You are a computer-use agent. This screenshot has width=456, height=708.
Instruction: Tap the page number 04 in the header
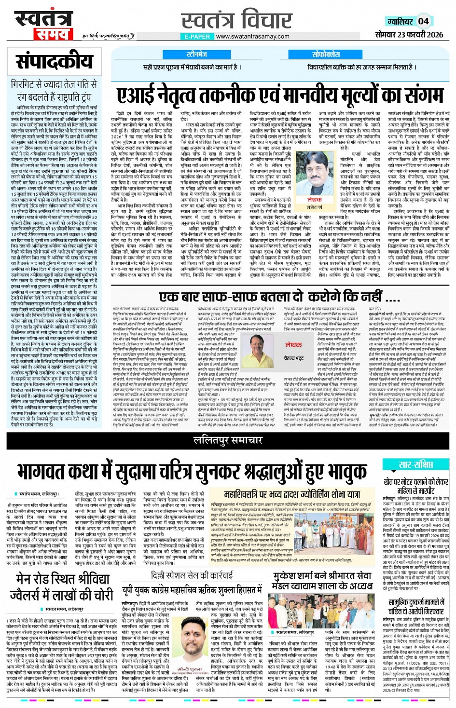click(423, 21)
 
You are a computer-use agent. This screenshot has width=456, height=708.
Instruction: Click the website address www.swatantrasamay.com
click(253, 36)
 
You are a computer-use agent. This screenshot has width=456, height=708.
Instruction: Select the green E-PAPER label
click(197, 36)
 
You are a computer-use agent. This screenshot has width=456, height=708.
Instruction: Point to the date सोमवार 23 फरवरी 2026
click(409, 35)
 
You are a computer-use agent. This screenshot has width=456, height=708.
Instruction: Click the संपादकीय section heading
click(54, 61)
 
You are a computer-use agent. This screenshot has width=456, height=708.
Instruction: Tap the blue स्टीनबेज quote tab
click(197, 54)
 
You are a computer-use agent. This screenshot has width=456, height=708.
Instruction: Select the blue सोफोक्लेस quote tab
click(326, 54)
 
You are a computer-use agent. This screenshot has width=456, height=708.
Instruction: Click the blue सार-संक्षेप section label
click(415, 464)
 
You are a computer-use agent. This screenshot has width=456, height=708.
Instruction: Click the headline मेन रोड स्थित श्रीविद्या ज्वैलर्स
click(65, 586)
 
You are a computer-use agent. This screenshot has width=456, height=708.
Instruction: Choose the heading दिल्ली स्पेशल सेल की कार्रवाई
click(192, 575)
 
